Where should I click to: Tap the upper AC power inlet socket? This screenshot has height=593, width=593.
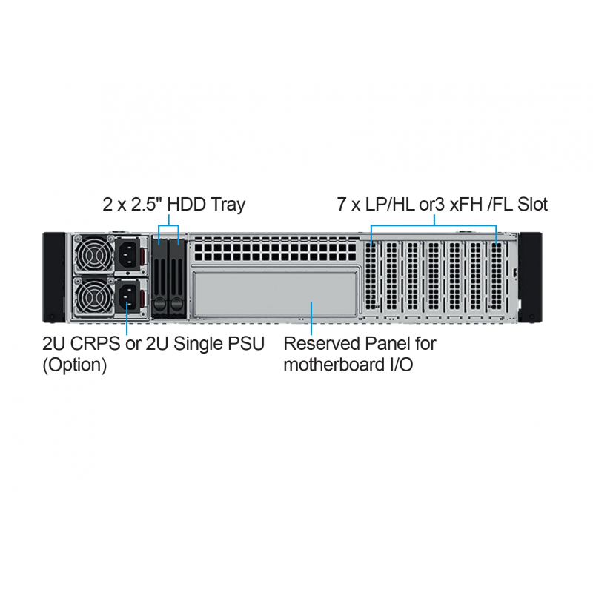[127, 254]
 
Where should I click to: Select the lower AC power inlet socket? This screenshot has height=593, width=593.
[127, 296]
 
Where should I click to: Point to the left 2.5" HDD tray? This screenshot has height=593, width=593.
[159, 279]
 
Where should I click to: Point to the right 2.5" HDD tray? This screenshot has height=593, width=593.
[176, 279]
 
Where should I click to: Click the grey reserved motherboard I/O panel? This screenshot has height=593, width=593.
[275, 294]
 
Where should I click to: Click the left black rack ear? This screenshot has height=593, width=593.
[54, 277]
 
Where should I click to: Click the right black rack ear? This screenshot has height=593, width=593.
[530, 277]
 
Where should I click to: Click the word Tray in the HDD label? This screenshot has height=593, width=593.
[228, 205]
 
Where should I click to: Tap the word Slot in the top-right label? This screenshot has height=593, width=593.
[532, 205]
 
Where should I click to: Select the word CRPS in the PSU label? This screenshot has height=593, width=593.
[96, 344]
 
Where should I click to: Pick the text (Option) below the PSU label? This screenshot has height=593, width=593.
[75, 365]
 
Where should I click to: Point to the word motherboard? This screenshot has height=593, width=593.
[334, 365]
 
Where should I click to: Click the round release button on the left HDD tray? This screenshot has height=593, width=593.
[159, 303]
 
